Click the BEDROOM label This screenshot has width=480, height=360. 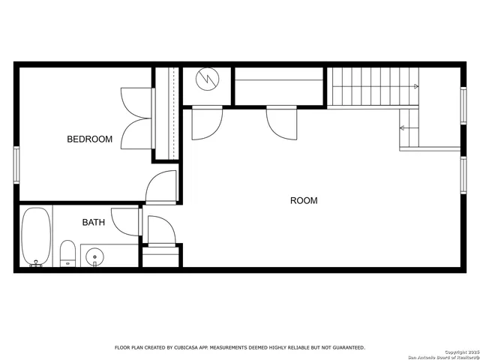point(90,139)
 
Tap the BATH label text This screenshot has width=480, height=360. point(94,222)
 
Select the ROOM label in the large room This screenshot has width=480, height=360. point(304,200)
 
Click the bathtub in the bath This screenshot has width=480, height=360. point(36,236)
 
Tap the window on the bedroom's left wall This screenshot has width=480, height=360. point(16,163)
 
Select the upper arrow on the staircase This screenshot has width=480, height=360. point(415,86)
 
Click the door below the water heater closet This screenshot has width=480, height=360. point(206,122)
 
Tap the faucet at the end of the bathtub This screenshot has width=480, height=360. point(35,263)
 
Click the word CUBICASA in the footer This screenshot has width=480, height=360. point(194,347)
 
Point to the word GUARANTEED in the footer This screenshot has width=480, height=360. point(342,347)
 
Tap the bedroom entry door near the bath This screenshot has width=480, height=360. point(161,187)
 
